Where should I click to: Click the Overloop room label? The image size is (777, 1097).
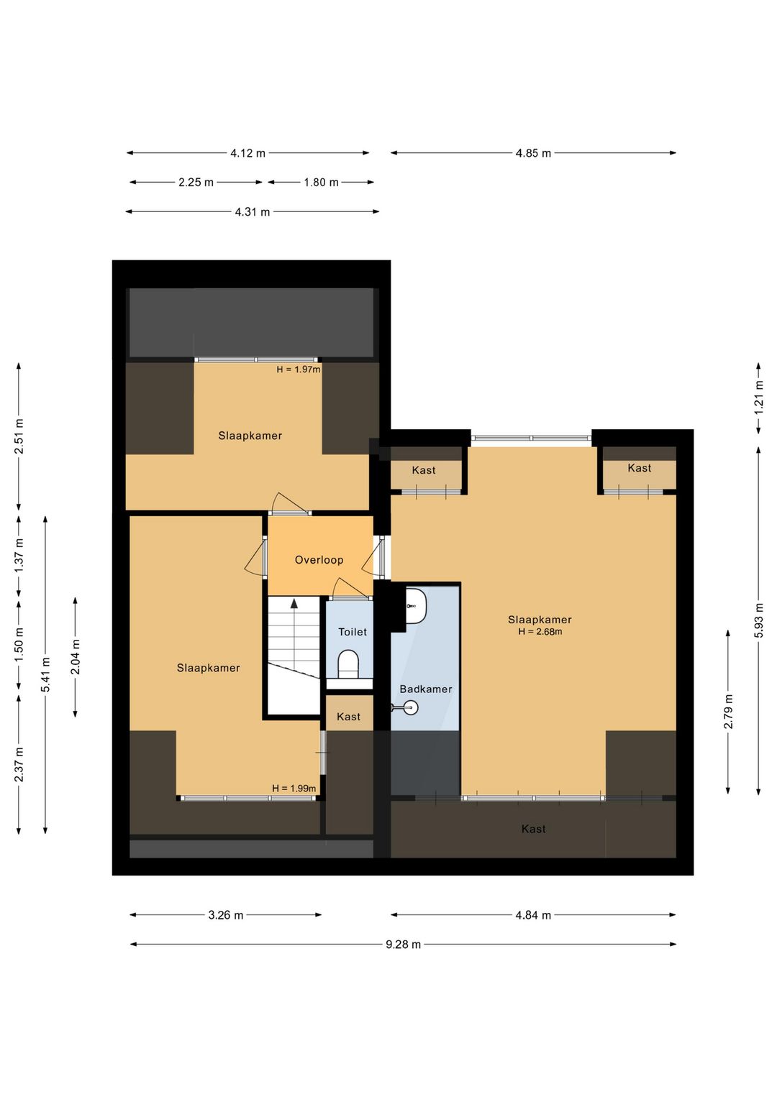tap(319, 560)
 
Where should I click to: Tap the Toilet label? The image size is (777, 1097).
tap(353, 632)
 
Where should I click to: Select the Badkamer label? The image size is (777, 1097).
tap(425, 689)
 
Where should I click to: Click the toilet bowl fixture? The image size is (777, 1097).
tap(348, 664)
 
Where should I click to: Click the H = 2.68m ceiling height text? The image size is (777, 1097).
tap(540, 632)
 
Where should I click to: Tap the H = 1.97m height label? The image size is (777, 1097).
tap(299, 370)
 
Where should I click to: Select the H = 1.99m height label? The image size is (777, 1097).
tap(294, 789)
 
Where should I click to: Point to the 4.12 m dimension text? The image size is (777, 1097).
tap(248, 153)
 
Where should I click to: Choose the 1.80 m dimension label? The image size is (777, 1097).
tap(321, 183)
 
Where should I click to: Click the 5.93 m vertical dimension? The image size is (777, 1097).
tap(759, 620)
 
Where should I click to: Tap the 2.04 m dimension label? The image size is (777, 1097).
tap(75, 657)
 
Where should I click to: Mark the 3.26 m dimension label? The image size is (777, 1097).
tap(226, 915)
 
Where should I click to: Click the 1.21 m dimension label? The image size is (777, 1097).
tap(759, 397)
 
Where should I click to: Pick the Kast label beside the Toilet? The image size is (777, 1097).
tap(348, 717)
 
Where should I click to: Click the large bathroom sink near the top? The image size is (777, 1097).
tap(416, 606)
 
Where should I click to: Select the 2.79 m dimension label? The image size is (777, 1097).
tap(729, 711)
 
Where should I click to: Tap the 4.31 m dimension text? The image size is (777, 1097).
tap(253, 212)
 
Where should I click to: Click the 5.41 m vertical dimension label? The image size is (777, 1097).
tap(45, 674)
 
